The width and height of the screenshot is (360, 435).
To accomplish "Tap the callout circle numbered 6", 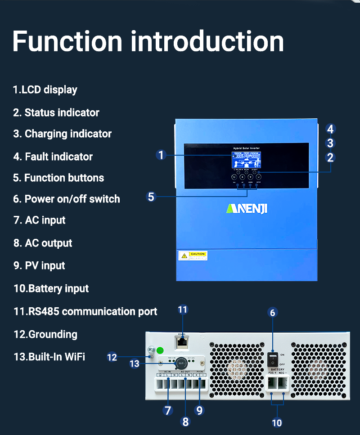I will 273,312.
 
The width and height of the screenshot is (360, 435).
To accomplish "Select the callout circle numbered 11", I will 182,309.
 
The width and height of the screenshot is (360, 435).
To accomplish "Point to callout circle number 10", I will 277,422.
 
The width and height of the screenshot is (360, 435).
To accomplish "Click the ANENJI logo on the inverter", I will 247,209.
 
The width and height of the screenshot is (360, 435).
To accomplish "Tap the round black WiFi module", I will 180,363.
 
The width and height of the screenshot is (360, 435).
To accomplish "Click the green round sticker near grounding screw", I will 159,350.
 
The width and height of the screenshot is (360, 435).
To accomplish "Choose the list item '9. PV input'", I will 39,265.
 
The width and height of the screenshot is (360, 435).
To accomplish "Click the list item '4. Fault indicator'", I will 53,157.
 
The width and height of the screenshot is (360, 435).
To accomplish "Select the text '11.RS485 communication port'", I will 85,311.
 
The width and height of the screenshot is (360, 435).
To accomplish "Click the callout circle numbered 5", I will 151,197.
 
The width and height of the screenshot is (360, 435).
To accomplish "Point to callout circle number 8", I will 185,422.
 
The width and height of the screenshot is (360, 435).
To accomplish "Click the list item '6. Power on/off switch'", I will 67,199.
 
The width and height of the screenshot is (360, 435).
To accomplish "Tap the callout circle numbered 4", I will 330,129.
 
